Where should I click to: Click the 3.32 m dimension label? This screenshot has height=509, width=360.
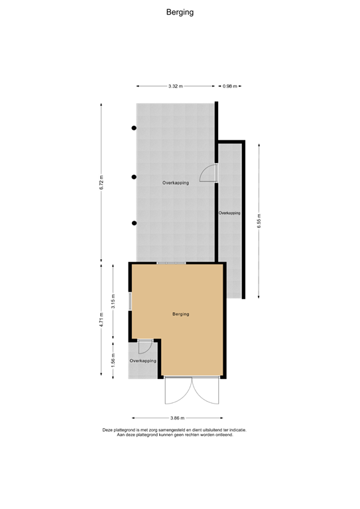pos(175,86)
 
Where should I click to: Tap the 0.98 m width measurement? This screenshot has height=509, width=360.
pos(229,86)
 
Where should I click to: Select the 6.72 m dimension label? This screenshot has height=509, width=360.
pos(101,183)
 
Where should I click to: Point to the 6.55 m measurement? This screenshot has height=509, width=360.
pos(259,221)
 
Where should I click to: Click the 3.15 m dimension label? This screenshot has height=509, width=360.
pos(113,300)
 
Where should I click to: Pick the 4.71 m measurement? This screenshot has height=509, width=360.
pos(101,320)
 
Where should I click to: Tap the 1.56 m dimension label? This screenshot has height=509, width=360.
pos(113,361)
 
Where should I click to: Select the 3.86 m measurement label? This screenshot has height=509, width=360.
pos(178,418)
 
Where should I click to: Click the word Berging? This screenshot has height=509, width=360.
pos(180,314)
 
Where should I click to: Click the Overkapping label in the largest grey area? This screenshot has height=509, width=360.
pos(176,182)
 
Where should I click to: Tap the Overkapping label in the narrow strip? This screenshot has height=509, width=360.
pos(229,213)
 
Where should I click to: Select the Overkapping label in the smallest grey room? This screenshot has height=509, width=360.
pos(143,361)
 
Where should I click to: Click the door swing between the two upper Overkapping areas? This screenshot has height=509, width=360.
pos(209,172)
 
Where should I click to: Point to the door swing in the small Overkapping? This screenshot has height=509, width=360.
pos(145,347)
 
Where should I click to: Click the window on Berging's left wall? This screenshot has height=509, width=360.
pos(131,300)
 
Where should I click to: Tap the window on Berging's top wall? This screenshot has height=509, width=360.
pos(171,264)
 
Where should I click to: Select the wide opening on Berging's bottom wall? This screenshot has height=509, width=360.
pos(192,378)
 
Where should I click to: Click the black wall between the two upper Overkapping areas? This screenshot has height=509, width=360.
pos(216,219)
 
